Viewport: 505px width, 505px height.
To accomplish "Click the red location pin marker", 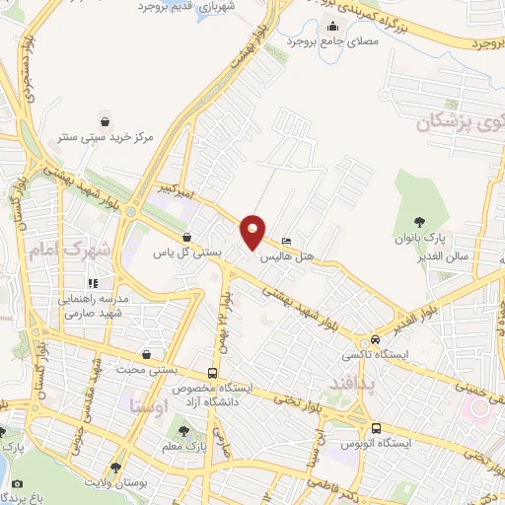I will coord(253,231).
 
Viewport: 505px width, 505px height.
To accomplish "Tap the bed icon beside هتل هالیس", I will coord(287,241).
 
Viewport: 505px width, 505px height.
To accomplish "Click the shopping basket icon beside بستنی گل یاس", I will coord(186,237).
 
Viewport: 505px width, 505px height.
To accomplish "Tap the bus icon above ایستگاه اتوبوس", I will coord(376,427).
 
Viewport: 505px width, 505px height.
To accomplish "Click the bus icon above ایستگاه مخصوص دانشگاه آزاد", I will coord(214,374).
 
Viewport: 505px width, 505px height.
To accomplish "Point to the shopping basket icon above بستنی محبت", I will coord(147,354).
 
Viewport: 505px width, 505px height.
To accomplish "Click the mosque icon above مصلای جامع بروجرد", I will coord(333,27).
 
